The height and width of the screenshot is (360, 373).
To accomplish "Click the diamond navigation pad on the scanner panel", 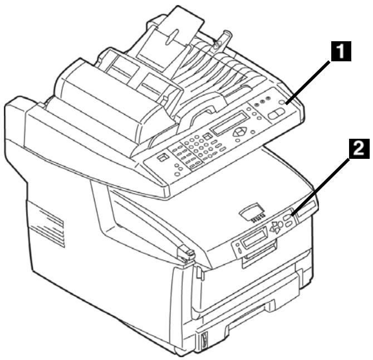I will point(240,132).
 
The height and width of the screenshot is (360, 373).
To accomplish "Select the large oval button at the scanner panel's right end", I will point(274,113).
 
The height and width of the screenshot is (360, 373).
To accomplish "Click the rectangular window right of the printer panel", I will point(305,210).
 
